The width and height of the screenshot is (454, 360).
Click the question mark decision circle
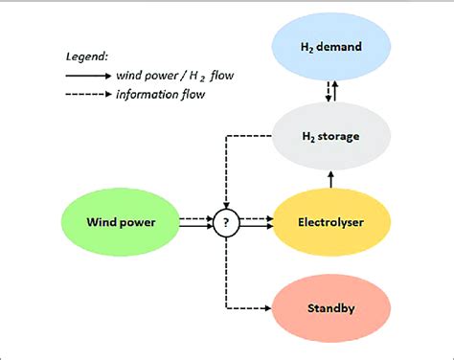[x=226, y=223]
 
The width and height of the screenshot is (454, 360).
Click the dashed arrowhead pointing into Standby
[x=267, y=307]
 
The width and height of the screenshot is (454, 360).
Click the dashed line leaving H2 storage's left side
[x=249, y=136]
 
